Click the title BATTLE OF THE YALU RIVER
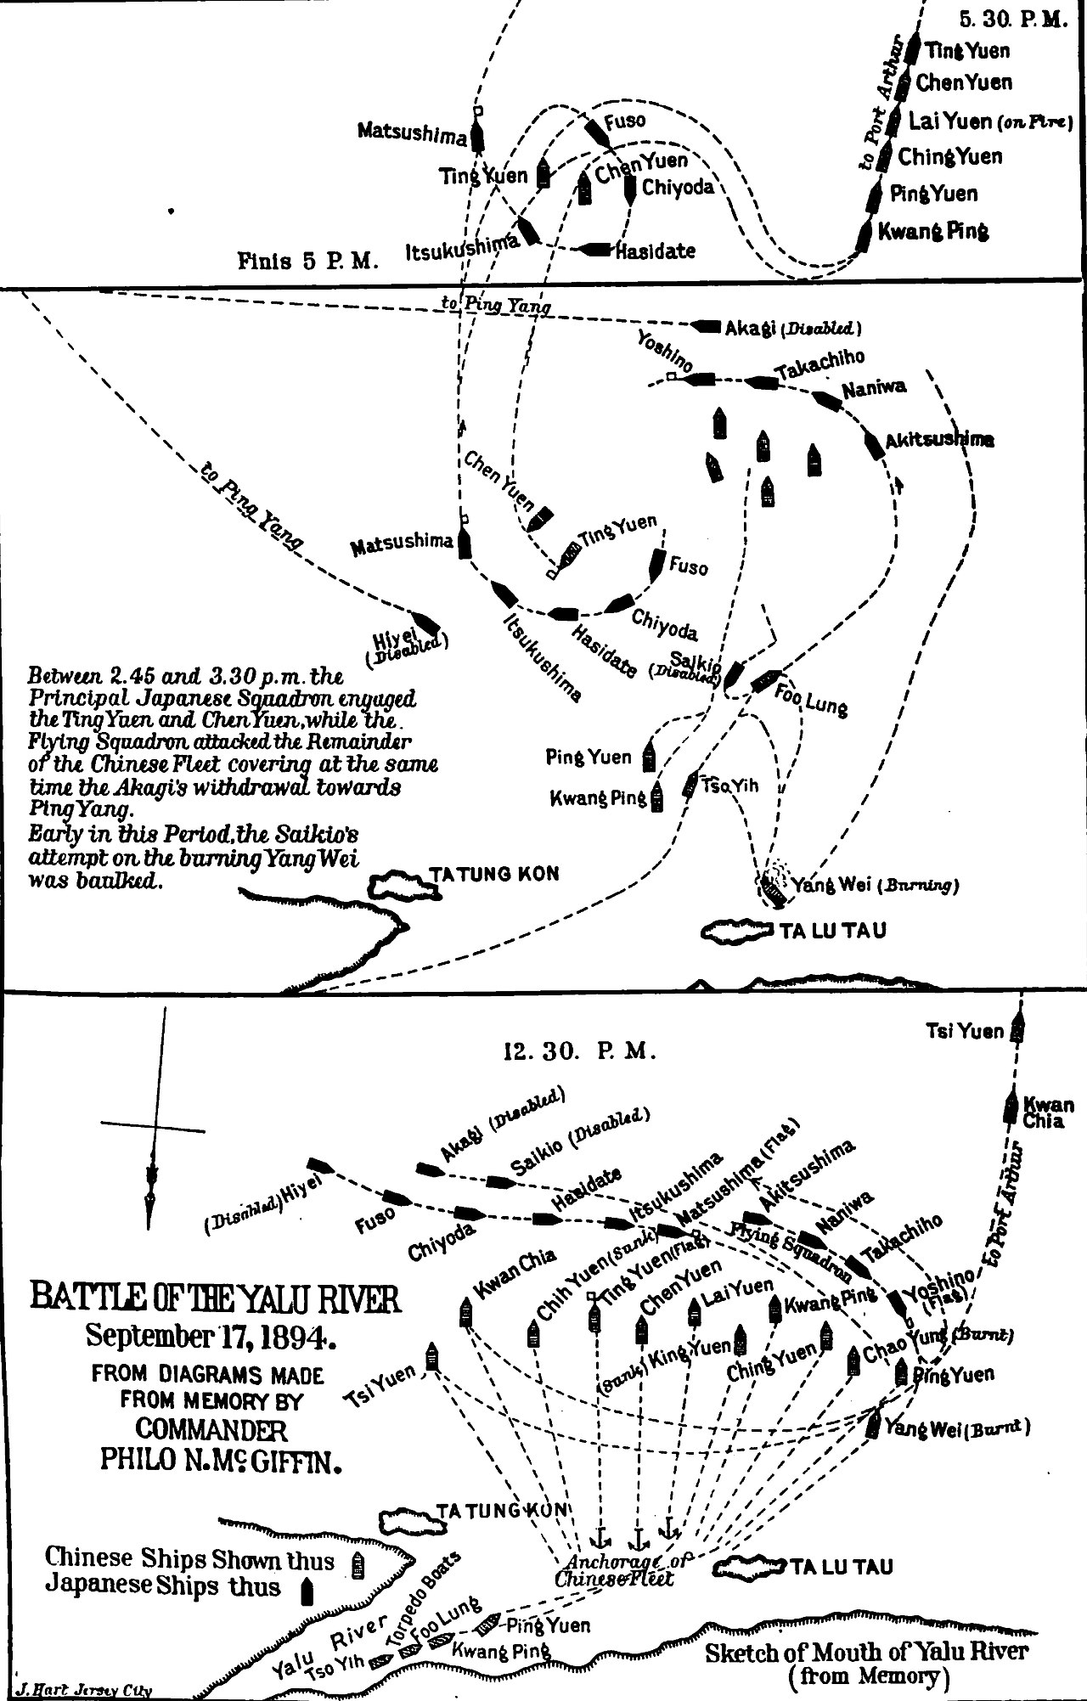pyautogui.click(x=214, y=1300)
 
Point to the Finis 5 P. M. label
pyautogui.click(x=307, y=261)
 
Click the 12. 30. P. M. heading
pyautogui.click(x=579, y=1052)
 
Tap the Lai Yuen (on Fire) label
pyautogui.click(x=990, y=121)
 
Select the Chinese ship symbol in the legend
pyautogui.click(x=358, y=1560)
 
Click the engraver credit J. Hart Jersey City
pyautogui.click(x=78, y=1690)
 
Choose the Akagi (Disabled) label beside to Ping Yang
pyautogui.click(x=793, y=327)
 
